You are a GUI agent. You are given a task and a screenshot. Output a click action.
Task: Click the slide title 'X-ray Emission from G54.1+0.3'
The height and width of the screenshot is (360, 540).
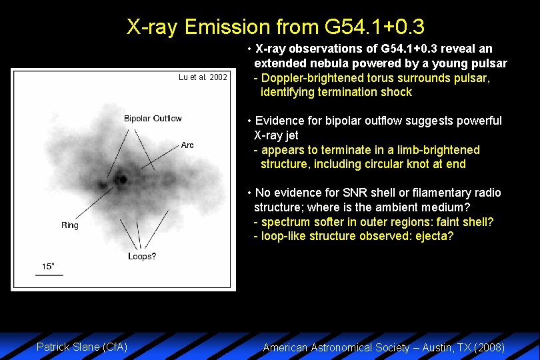pyautogui.click(x=275, y=27)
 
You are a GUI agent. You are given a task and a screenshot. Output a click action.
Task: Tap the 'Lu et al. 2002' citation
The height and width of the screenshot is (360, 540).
pyautogui.click(x=203, y=77)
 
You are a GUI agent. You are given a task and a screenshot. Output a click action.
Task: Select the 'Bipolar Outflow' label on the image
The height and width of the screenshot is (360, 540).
pyautogui.click(x=153, y=119)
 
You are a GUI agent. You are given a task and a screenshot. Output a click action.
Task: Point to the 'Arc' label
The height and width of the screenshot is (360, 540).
pyautogui.click(x=187, y=145)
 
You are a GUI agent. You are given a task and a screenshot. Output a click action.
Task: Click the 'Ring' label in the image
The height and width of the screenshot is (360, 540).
pyautogui.click(x=70, y=225)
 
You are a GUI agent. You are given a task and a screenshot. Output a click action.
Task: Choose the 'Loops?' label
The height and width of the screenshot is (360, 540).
pyautogui.click(x=142, y=257)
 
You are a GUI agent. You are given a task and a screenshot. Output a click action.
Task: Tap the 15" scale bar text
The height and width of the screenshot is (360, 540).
pyautogui.click(x=49, y=266)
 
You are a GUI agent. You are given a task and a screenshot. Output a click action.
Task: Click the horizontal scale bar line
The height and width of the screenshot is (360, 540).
pyautogui.click(x=49, y=274)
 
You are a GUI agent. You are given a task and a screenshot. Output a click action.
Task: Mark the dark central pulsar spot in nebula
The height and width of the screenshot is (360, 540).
pyautogui.click(x=121, y=179)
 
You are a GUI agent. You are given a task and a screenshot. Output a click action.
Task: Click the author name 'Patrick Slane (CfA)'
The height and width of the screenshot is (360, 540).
pyautogui.click(x=82, y=347)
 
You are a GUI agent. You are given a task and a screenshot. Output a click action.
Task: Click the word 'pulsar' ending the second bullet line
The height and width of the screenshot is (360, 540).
pyautogui.click(x=490, y=63)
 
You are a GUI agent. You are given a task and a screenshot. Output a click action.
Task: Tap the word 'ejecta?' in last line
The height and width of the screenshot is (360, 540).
pyautogui.click(x=434, y=236)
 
